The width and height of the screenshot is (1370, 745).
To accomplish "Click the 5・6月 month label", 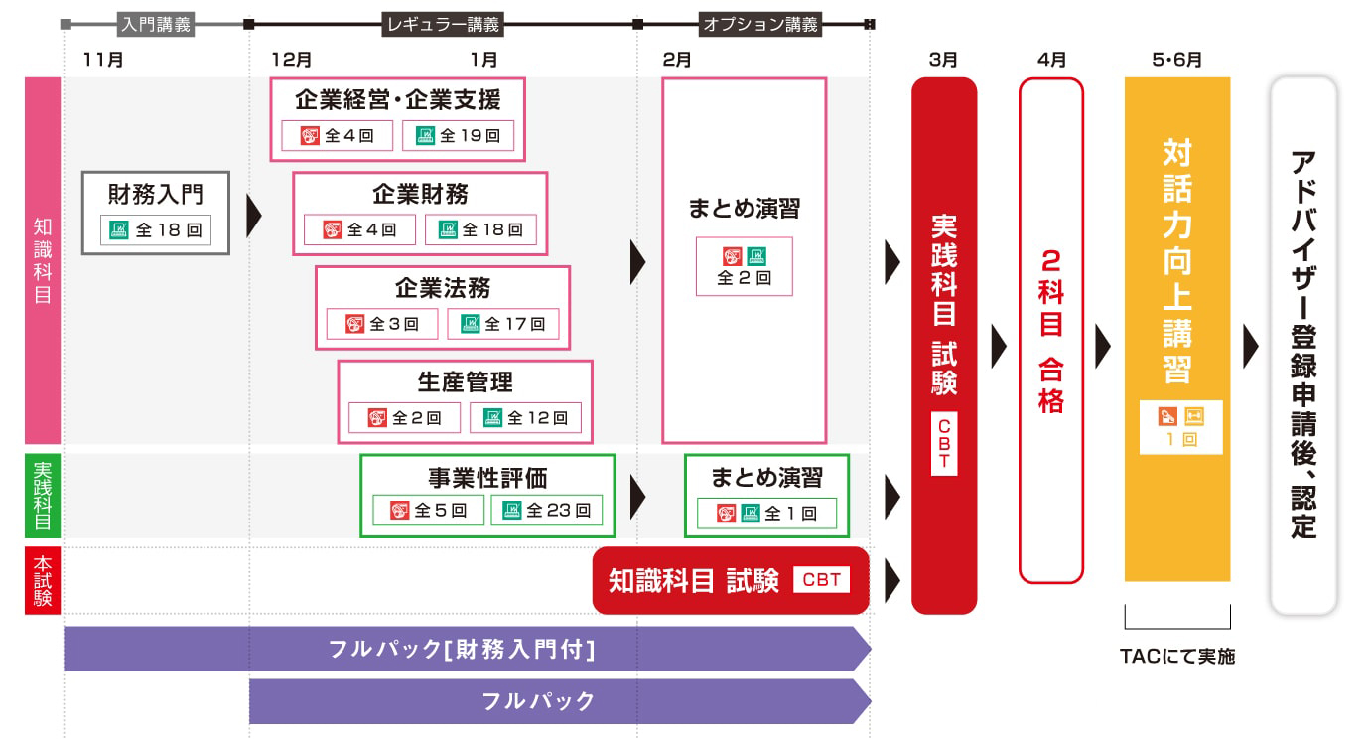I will click(1176, 60).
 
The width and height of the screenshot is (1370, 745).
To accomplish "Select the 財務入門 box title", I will click(156, 190).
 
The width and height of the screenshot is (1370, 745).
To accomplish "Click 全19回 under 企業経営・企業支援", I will click(458, 135).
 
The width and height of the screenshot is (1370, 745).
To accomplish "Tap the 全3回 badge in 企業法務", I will click(383, 324).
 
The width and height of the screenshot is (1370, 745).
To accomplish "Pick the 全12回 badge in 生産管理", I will click(525, 418).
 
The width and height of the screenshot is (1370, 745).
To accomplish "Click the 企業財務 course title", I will click(420, 193).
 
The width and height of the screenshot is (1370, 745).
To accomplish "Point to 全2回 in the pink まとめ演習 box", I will click(745, 278).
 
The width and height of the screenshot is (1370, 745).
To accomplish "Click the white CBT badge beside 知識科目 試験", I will click(821, 580).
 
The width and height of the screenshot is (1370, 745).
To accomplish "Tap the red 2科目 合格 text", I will click(1050, 331).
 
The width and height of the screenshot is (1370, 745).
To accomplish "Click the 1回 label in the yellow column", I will click(1176, 438).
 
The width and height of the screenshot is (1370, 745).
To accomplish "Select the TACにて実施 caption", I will click(1177, 657).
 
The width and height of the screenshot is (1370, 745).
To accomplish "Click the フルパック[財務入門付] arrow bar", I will click(462, 650).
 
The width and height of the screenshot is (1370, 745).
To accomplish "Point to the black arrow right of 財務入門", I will click(253, 215).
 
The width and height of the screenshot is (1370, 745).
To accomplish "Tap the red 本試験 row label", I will click(43, 580).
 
